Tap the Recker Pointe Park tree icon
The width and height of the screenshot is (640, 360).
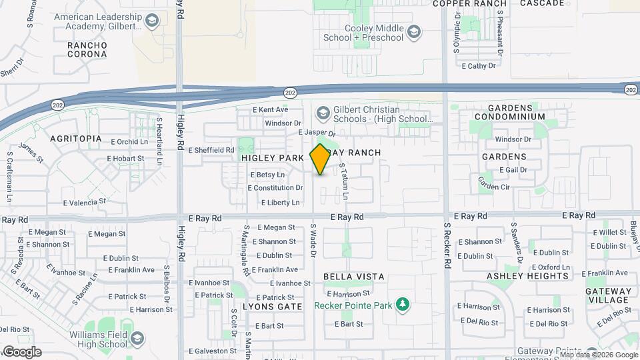402,305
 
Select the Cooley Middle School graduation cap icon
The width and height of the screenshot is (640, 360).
414,31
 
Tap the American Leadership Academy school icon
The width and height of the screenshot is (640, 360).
152,22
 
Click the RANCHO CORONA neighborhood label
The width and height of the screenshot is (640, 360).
87,49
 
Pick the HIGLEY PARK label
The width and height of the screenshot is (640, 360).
273,157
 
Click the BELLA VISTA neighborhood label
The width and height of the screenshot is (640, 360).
354,276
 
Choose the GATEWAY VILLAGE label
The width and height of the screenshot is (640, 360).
608,295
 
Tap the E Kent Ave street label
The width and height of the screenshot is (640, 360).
270,109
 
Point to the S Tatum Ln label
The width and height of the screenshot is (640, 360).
344,182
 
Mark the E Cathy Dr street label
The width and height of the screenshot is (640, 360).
479,66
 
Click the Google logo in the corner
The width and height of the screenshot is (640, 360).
21,352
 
